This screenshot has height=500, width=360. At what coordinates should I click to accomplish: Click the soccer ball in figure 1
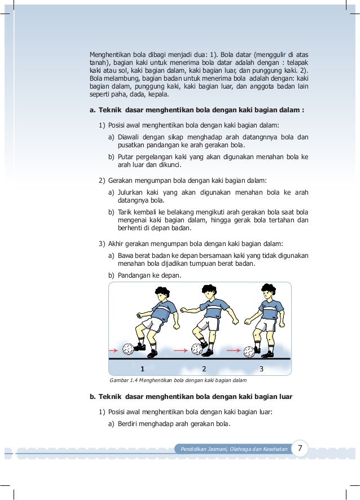point(129,349)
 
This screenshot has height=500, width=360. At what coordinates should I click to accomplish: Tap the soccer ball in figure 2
point(197,349)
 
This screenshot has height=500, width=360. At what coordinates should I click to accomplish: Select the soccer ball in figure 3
point(249,352)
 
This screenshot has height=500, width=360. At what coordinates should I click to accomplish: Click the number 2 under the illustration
point(204,369)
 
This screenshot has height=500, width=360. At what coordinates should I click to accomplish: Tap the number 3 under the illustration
point(261,369)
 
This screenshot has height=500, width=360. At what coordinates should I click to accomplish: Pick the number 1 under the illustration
point(142,369)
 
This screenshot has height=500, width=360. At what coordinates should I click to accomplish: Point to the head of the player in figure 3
point(269,293)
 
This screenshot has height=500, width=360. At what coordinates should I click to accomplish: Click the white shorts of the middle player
point(209,323)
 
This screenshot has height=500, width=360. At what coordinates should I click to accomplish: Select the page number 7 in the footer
point(300,449)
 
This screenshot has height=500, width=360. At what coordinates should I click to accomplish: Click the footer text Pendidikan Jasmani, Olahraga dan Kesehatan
point(234,449)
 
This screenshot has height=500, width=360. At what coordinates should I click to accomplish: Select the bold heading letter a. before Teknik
point(93,110)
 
